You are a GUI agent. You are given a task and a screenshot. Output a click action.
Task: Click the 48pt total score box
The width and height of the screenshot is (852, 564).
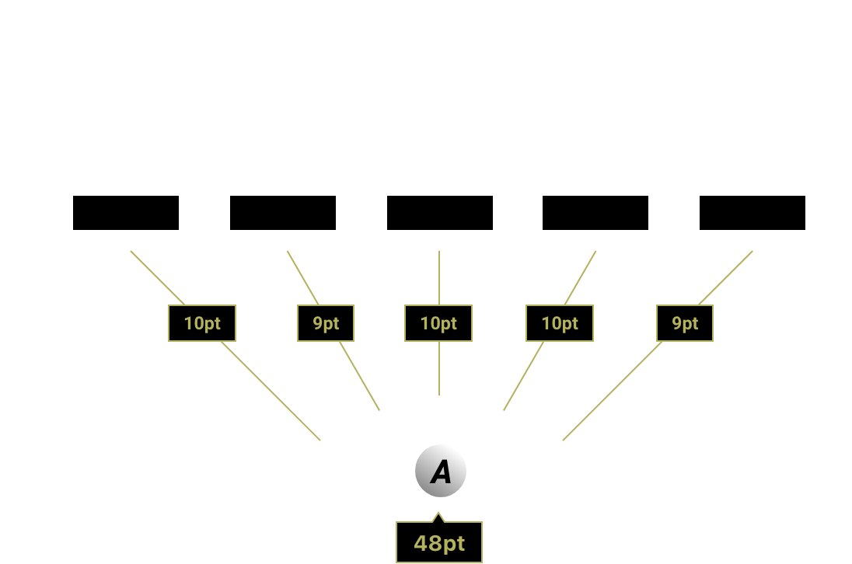pyautogui.click(x=439, y=543)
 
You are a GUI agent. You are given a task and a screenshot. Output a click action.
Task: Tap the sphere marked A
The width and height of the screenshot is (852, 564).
pyautogui.click(x=441, y=471)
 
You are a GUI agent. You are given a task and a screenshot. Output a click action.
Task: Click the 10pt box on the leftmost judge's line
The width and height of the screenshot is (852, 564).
pyautogui.click(x=202, y=323)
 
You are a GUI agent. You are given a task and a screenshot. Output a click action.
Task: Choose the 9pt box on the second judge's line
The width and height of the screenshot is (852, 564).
pyautogui.click(x=326, y=323)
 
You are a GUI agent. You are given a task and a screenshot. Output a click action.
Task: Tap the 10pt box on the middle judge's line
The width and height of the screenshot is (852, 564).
pyautogui.click(x=438, y=323)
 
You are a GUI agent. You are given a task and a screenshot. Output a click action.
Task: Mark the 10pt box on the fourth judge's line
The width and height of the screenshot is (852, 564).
pyautogui.click(x=560, y=323)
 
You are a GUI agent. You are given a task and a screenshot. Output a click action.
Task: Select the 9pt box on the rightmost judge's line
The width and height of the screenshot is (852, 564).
pyautogui.click(x=685, y=323)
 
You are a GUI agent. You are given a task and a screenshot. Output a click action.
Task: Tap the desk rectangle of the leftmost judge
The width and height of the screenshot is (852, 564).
pyautogui.click(x=126, y=213)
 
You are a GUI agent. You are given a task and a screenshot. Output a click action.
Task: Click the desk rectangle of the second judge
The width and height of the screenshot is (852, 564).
pyautogui.click(x=283, y=213)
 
